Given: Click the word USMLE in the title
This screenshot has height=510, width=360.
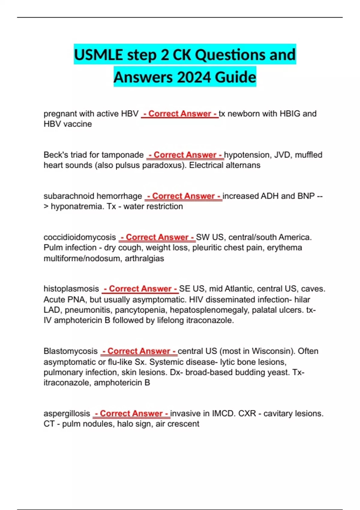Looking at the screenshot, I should (x=98, y=55).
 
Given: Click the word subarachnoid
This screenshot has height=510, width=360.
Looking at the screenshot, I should (x=68, y=196).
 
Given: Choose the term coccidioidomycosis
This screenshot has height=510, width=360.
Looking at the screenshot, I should (x=79, y=237).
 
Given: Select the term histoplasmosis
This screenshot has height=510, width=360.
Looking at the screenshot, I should (x=71, y=289).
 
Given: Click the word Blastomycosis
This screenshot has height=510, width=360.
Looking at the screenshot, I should (x=70, y=351).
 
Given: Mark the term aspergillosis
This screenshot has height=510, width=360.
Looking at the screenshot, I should (x=67, y=413).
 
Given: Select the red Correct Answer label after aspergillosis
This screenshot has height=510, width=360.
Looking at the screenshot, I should (x=131, y=413).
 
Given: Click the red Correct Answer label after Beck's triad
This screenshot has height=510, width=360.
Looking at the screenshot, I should (x=185, y=155).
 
